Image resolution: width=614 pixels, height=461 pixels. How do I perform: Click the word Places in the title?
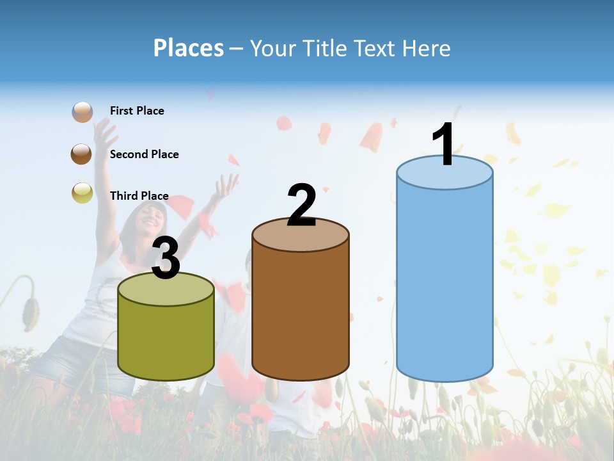click(189, 48)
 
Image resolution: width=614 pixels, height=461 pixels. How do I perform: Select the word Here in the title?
click(426, 48)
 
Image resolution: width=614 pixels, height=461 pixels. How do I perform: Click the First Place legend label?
click(137, 111)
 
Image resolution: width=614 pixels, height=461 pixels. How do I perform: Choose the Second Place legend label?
click(144, 154)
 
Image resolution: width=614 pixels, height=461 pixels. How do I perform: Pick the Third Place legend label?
click(139, 196)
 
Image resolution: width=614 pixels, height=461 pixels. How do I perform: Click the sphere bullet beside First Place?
click(83, 111)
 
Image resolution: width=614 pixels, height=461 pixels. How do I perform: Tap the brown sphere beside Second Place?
click(82, 154)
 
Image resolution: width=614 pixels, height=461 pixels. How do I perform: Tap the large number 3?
click(166, 258)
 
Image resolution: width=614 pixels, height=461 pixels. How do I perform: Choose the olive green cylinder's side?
click(166, 339)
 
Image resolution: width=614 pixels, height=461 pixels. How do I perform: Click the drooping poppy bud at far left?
click(29, 311)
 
